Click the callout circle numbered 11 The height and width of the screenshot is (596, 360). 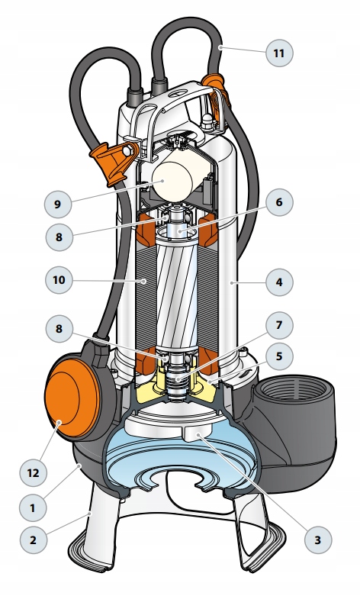click(x=279, y=53)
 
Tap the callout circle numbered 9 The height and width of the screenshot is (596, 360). click(x=58, y=204)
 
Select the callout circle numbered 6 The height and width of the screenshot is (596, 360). click(x=279, y=202)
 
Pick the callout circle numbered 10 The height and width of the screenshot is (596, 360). click(x=59, y=280)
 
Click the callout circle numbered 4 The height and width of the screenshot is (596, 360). click(x=279, y=282)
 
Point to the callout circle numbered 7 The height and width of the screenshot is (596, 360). click(x=279, y=325)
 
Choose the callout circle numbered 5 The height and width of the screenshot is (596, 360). click(x=279, y=356)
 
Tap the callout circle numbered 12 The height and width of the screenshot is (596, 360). click(x=33, y=473)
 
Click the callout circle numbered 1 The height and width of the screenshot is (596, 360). click(x=33, y=507)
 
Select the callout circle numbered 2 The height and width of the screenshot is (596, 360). click(x=33, y=540)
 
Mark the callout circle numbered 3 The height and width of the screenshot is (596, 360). click(x=318, y=540)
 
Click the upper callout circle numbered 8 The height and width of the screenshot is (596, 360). click(x=59, y=237)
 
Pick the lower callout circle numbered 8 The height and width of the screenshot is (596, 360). click(x=59, y=329)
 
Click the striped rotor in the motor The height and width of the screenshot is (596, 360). click(x=178, y=293)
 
